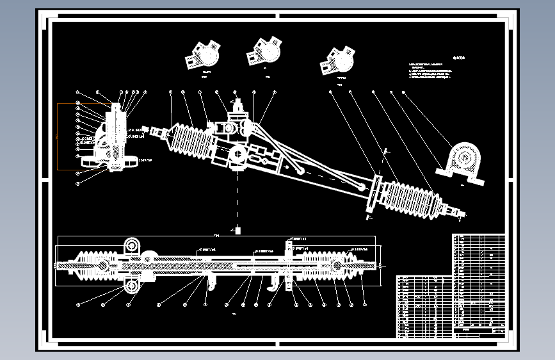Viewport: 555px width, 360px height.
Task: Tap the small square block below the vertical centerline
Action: [x=237, y=230]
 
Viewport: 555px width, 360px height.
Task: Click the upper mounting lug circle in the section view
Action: [x=133, y=245]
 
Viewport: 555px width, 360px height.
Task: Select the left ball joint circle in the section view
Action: [x=102, y=265]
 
